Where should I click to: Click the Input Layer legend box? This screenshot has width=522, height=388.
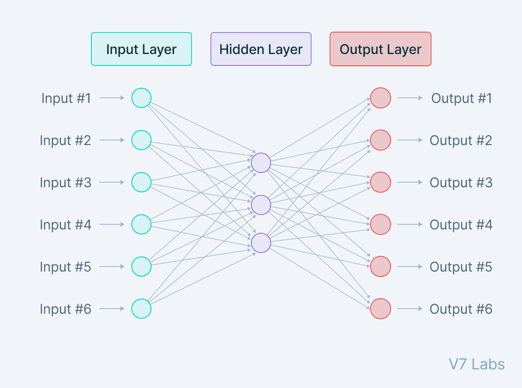141,49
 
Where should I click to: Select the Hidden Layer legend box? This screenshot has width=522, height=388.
260,49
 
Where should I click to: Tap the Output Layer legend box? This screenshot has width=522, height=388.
380,49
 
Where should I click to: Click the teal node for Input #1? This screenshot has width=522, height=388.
141,98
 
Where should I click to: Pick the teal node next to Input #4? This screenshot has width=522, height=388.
141,224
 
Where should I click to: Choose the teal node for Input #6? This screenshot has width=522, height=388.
141,308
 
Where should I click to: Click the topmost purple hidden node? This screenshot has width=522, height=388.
260,162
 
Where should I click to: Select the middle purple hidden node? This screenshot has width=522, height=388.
260,204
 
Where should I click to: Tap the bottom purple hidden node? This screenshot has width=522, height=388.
260,243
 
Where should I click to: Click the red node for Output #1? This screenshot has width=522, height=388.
380,98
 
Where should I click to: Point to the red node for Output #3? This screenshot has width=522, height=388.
380,182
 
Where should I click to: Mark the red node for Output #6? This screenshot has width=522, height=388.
380,308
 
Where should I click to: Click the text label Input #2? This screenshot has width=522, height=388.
65,140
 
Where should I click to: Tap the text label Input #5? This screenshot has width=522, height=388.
65,266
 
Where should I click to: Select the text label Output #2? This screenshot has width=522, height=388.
461,140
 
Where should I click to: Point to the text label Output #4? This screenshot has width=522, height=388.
461,224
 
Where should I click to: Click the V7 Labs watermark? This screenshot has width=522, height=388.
477,364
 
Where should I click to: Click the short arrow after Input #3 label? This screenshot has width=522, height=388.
112,182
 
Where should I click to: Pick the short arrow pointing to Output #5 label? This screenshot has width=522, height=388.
410,266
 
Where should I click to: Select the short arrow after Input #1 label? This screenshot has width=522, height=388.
112,98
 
